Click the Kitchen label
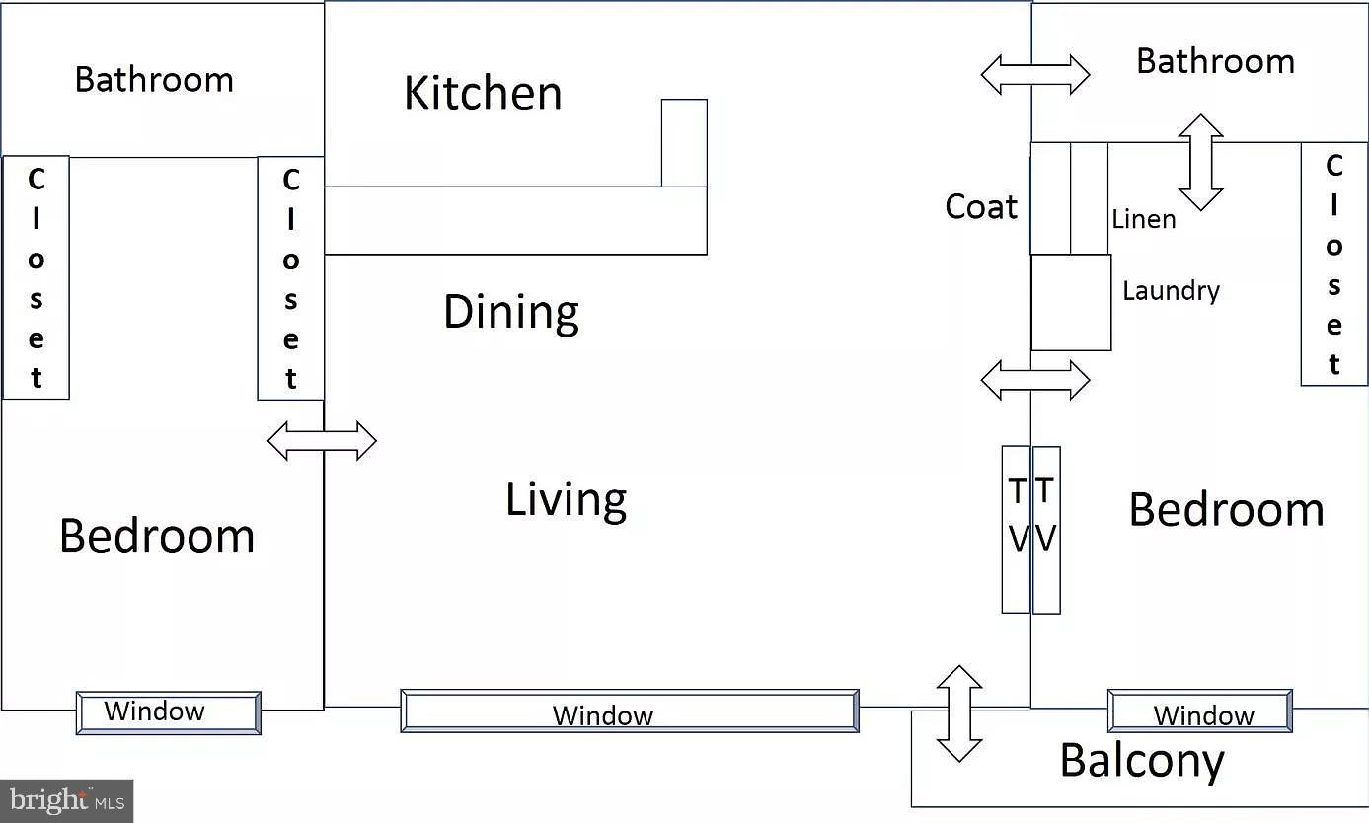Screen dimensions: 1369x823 [483, 93]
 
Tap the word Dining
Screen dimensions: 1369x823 [511, 313]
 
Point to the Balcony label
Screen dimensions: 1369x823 [1142, 761]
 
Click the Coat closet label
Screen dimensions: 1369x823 [981, 206]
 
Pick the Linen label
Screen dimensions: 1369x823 [1144, 219]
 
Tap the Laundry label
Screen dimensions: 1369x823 [1171, 291]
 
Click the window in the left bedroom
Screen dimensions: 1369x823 [169, 712]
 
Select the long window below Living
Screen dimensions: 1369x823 [630, 711]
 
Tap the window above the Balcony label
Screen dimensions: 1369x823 [1199, 711]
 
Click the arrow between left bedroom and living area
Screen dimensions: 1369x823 [322, 440]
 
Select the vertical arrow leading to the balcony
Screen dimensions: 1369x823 [959, 713]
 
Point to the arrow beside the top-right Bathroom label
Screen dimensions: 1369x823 [1035, 75]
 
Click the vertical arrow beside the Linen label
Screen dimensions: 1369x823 [1201, 163]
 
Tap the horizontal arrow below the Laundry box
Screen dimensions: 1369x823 [1035, 380]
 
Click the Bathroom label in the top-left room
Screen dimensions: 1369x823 [154, 80]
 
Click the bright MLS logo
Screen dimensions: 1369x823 [66, 801]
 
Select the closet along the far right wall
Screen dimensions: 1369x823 [1333, 263]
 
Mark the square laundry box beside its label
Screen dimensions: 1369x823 [1071, 302]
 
